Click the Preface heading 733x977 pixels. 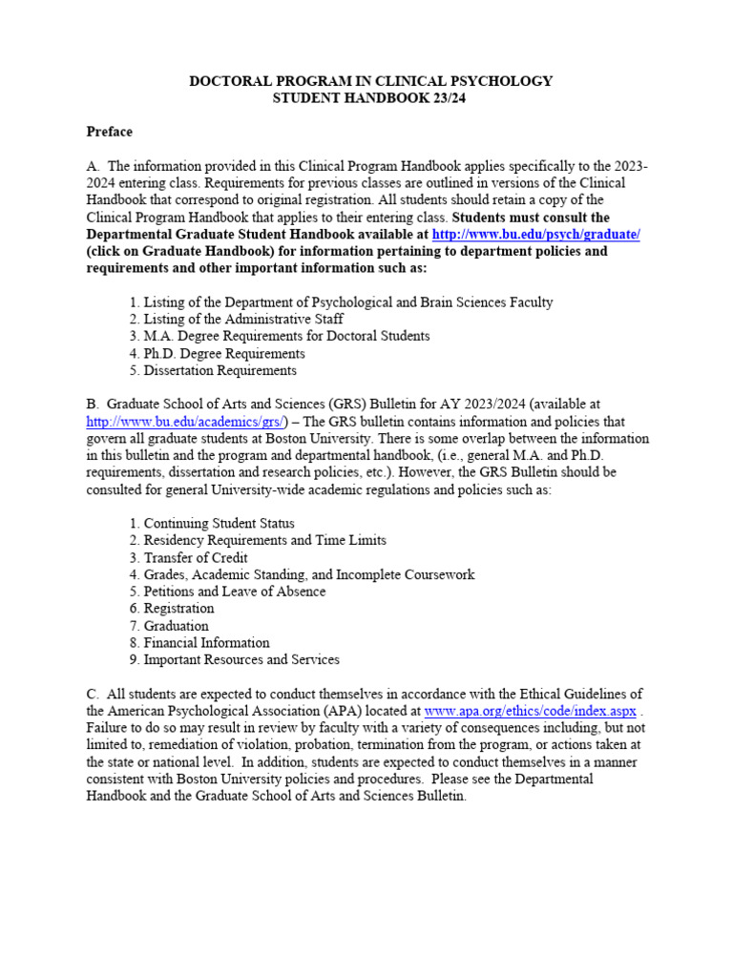(110, 132)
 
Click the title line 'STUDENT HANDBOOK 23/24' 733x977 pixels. (371, 98)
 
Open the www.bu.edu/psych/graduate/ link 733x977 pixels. (535, 235)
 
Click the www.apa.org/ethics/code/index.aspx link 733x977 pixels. (530, 711)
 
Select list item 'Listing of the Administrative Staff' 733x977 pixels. (236, 320)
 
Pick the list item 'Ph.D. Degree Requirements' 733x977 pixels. (217, 354)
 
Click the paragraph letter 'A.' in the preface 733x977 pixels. (94, 167)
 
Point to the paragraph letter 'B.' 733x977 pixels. (93, 405)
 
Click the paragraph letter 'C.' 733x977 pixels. (93, 694)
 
